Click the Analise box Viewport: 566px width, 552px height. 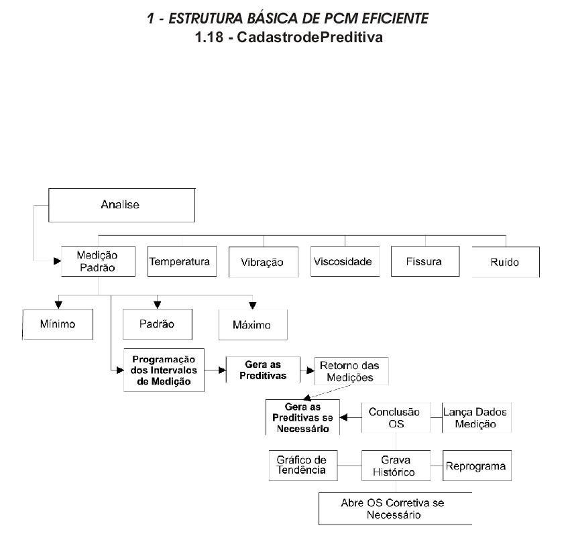[121, 205]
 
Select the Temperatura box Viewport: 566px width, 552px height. [182, 261]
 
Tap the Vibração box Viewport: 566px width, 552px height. [264, 262]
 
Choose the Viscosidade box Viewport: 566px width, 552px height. [345, 261]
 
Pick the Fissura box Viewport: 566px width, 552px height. [425, 261]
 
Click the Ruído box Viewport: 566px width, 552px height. [506, 262]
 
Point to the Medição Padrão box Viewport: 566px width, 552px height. [98, 261]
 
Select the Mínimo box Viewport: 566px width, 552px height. [58, 324]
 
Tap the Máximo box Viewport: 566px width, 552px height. [253, 324]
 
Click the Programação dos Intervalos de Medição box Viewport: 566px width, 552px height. [164, 370]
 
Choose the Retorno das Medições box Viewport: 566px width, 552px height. [351, 371]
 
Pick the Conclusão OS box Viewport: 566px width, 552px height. [396, 417]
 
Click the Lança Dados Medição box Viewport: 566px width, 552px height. [477, 417]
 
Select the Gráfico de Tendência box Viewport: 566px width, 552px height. [303, 466]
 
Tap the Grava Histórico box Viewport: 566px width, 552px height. [396, 466]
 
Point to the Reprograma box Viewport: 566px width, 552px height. [477, 466]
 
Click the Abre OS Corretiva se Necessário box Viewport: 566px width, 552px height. [395, 508]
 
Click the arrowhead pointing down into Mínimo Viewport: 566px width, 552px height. [58, 305]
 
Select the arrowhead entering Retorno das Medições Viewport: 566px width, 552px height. [310, 370]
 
